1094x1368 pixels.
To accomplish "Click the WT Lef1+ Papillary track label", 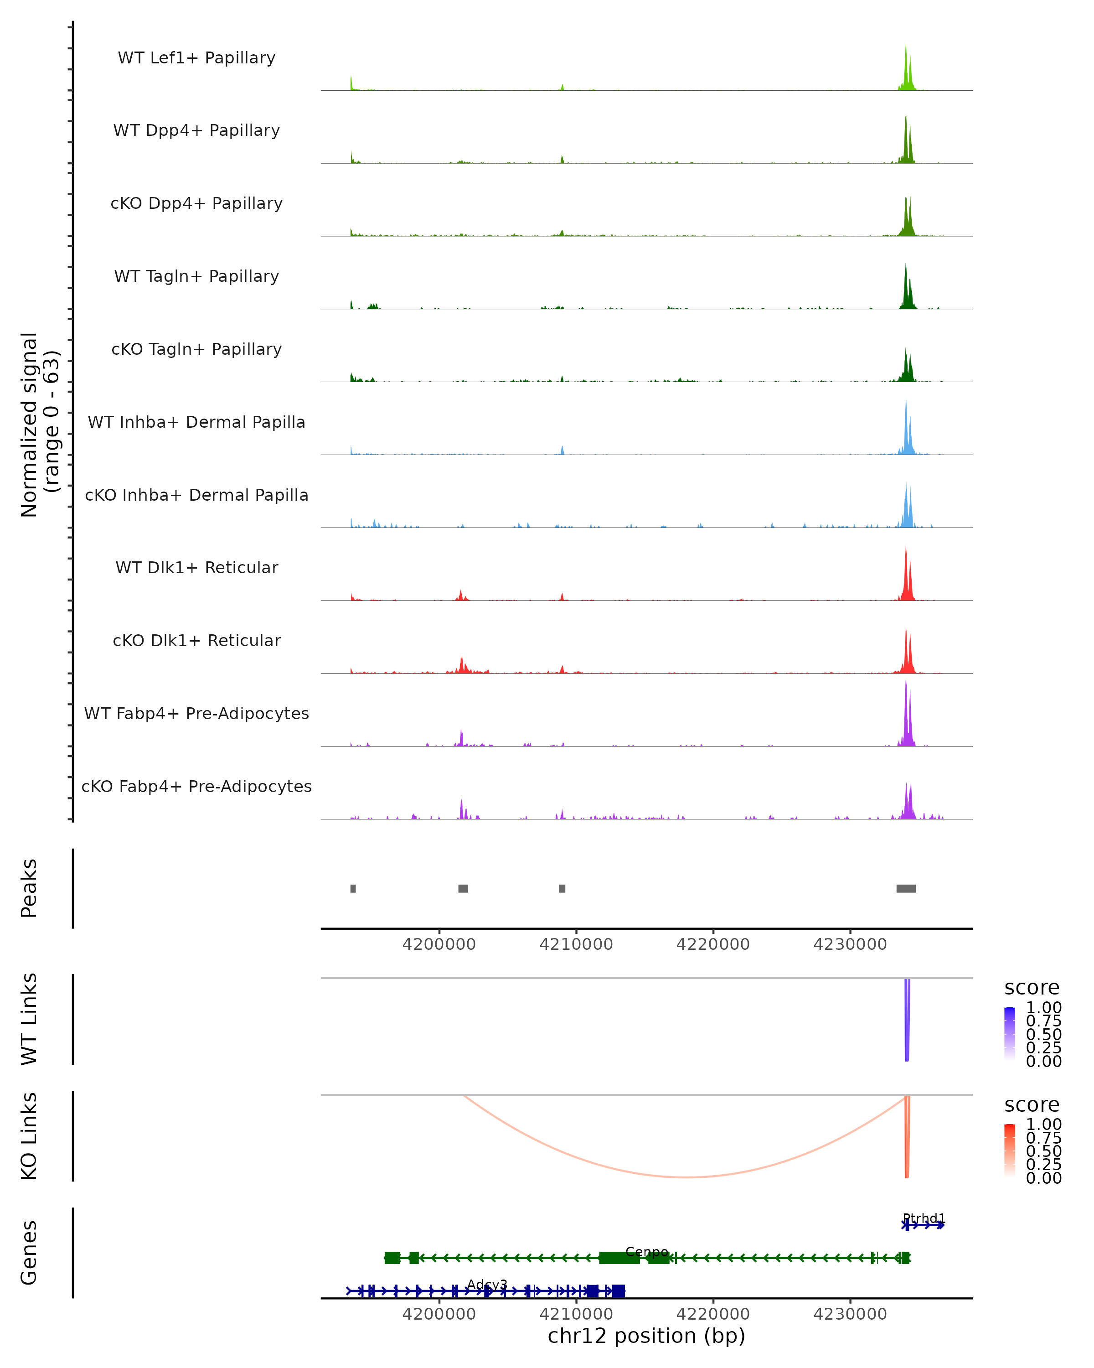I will [196, 58].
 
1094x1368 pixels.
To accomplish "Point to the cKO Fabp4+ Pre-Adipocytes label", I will [196, 786].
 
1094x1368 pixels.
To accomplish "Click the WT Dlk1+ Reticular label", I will [196, 567].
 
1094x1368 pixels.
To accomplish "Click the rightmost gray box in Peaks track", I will [906, 888].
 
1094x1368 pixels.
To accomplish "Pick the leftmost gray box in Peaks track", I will [353, 888].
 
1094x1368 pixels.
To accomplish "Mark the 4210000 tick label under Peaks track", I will [576, 944].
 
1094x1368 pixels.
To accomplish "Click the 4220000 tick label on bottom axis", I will [713, 1314].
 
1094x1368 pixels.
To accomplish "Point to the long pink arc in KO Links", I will [685, 1177].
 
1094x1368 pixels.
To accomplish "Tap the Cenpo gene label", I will [646, 1252].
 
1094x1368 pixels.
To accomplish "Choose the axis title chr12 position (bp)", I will [646, 1336].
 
